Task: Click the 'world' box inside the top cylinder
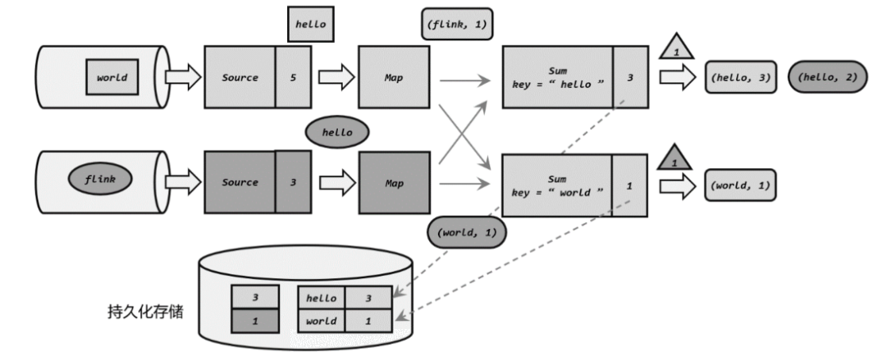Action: (x=112, y=77)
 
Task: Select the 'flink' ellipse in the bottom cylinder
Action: (x=100, y=179)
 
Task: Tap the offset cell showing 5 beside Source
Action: (x=294, y=77)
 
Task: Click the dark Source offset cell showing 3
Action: (x=294, y=182)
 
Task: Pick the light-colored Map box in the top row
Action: (x=393, y=77)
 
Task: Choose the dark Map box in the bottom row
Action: (x=394, y=183)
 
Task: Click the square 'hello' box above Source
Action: (x=310, y=25)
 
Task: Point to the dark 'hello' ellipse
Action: (x=337, y=132)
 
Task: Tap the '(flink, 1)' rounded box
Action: (x=457, y=24)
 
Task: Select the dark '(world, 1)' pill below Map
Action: (x=466, y=232)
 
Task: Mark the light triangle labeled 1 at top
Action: (x=677, y=47)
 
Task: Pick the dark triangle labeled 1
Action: (x=674, y=157)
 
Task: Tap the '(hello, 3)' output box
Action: (x=740, y=77)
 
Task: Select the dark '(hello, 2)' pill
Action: (x=827, y=77)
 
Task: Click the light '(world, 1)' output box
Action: (x=740, y=185)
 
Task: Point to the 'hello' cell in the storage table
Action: (x=321, y=298)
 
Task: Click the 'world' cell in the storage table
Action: (x=321, y=321)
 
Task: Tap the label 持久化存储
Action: (x=145, y=312)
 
